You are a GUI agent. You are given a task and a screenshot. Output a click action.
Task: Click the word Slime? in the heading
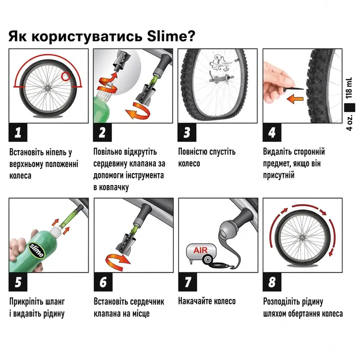(171, 36)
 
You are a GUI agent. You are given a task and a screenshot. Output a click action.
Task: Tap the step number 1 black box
(18, 132)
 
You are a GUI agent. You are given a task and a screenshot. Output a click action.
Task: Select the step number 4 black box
(272, 132)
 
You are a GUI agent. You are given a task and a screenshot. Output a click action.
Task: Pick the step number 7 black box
(188, 282)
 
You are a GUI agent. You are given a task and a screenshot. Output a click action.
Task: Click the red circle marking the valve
(66, 76)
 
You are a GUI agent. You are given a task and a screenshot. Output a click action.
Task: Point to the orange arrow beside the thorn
(295, 99)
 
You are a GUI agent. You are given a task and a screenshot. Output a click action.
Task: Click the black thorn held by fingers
(293, 88)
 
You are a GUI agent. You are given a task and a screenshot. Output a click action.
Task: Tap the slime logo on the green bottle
(36, 251)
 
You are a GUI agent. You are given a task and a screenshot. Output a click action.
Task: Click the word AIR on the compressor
(200, 250)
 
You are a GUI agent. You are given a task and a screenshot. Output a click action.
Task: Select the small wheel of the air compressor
(207, 260)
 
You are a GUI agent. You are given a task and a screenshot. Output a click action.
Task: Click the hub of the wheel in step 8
(301, 238)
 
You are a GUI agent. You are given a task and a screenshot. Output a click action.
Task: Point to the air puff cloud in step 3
(220, 63)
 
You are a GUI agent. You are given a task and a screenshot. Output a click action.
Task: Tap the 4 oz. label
(349, 121)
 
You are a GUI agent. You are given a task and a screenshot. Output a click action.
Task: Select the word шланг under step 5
(55, 301)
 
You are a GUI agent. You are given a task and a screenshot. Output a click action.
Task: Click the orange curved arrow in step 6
(117, 262)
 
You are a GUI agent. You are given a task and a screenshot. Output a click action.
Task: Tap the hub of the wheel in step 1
(48, 87)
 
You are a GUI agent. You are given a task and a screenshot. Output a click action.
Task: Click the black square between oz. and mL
(350, 108)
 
